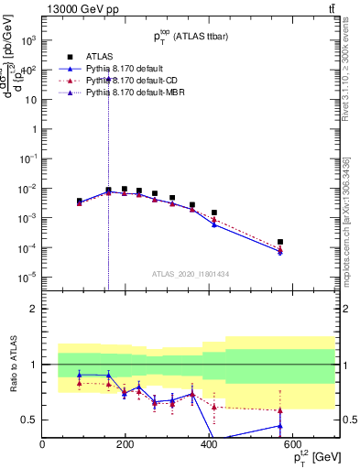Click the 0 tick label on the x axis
[42, 444]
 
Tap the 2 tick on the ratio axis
[34, 309]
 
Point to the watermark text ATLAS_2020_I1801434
[190, 273]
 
